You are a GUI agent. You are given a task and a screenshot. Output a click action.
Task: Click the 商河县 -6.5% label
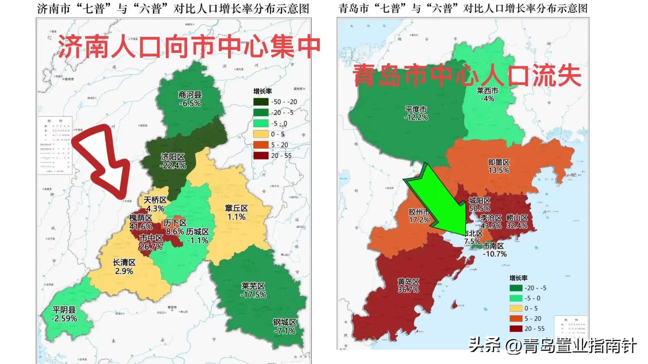[x=190, y=99]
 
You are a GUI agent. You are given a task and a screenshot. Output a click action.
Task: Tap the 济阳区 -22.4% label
[x=173, y=161]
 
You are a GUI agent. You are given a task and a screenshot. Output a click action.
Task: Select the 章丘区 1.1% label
[x=236, y=212]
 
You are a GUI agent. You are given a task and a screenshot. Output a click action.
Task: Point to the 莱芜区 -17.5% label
[x=253, y=290]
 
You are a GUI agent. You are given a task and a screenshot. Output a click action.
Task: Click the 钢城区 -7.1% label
[x=284, y=326]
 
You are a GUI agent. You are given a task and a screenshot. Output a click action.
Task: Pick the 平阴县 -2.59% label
[x=64, y=314]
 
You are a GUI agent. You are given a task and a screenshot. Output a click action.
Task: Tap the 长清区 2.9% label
[x=124, y=267]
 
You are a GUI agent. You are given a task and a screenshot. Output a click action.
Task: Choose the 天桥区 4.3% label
[x=155, y=204]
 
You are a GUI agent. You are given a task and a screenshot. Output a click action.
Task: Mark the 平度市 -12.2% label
[x=416, y=113]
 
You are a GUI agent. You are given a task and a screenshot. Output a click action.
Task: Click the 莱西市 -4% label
[x=487, y=95]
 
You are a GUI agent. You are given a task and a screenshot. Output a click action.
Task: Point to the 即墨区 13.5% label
[x=499, y=166]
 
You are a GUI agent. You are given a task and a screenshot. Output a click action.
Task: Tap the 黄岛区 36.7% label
[x=408, y=286]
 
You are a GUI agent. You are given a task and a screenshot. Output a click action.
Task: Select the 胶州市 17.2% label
[x=419, y=216]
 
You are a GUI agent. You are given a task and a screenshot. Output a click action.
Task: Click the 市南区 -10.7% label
[x=494, y=250]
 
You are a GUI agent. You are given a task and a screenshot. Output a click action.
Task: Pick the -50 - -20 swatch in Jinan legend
[x=261, y=102]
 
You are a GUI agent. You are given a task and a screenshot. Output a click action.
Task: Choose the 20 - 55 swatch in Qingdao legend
[x=516, y=329]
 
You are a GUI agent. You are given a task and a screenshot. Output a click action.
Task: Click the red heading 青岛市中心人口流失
[x=467, y=75]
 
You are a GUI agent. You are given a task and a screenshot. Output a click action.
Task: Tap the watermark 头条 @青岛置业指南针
[x=552, y=345]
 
